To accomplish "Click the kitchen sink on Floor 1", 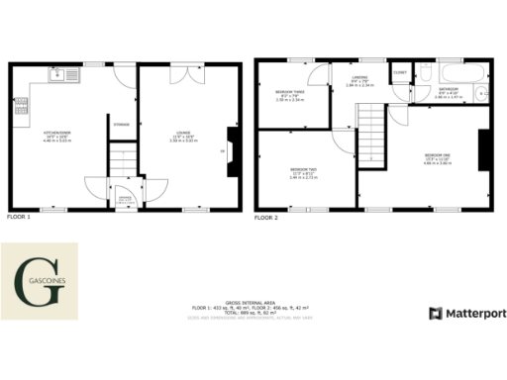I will click(57, 73).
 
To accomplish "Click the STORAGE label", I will click(121, 125).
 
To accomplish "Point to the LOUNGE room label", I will click(184, 134).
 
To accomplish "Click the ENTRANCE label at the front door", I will click(126, 199).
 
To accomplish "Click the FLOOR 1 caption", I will click(19, 216).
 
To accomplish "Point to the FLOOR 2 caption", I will click(265, 216).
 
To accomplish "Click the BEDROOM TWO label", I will click(303, 170).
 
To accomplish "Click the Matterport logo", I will click(466, 313).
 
